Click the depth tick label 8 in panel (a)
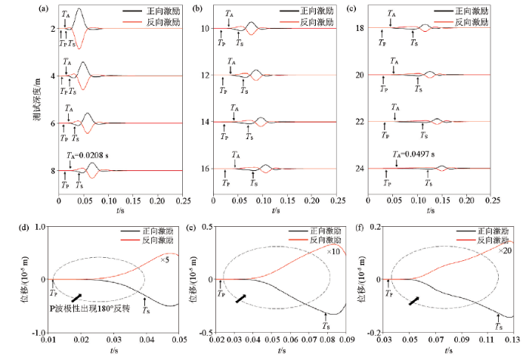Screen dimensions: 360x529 tap(53, 171)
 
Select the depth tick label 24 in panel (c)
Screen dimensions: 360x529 tap(381, 169)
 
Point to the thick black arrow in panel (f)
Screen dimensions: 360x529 tap(413, 300)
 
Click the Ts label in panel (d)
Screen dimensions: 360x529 tap(147, 312)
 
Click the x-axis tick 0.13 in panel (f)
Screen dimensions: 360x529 tap(513, 340)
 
